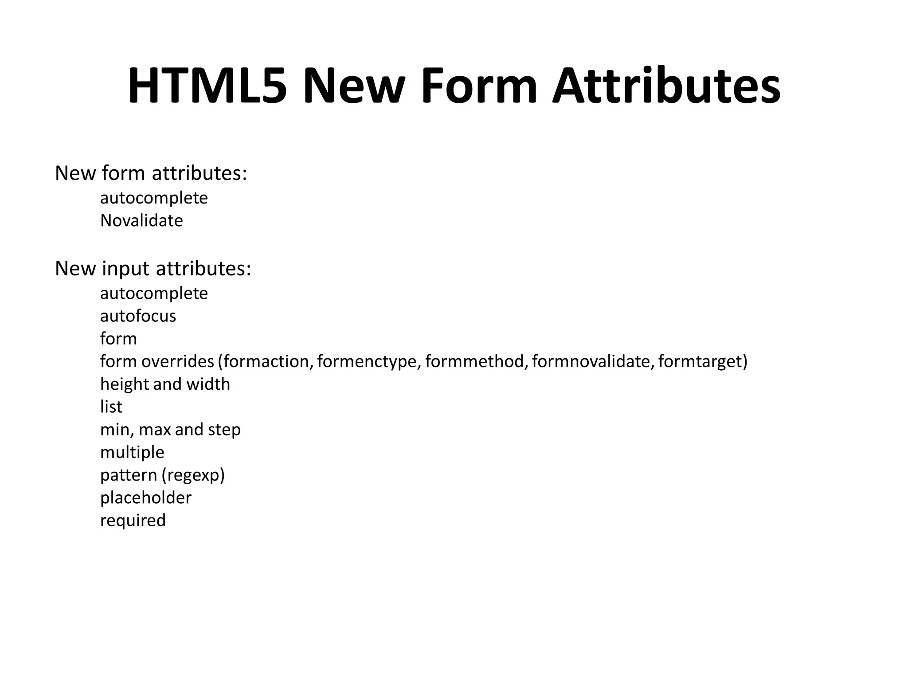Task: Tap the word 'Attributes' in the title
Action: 666,86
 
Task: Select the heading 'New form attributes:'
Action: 151,173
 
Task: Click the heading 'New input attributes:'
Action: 153,269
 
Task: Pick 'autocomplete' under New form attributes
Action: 154,198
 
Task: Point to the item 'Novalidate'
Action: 141,220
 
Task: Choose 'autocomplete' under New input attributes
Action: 154,294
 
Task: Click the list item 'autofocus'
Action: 138,316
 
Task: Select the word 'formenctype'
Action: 367,362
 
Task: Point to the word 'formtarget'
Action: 700,362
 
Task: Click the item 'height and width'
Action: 165,384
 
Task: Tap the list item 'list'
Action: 111,407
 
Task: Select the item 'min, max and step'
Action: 170,430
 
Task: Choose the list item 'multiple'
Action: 132,453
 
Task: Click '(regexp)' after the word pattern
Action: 193,475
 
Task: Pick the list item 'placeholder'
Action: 145,498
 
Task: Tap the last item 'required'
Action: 133,521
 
